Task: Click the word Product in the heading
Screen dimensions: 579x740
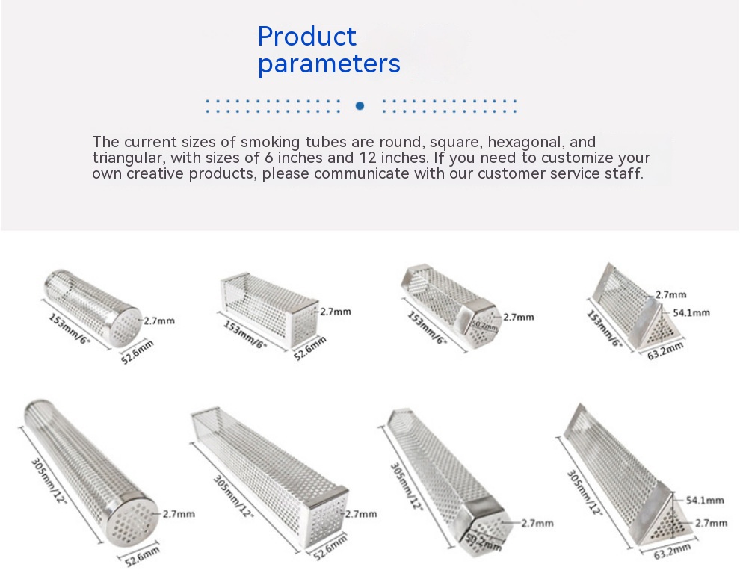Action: [306, 37]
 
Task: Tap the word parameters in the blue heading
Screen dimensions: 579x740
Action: [329, 64]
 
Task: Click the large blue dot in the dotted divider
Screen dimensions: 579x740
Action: [360, 106]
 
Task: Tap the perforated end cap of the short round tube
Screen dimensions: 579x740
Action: [125, 325]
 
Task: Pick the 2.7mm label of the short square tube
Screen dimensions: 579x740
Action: [336, 312]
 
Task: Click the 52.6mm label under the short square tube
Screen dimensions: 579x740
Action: [309, 349]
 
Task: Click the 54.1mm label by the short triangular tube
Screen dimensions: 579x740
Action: [691, 313]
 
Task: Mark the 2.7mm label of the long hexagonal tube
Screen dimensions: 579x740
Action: [538, 523]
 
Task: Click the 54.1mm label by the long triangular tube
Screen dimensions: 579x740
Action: [705, 500]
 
